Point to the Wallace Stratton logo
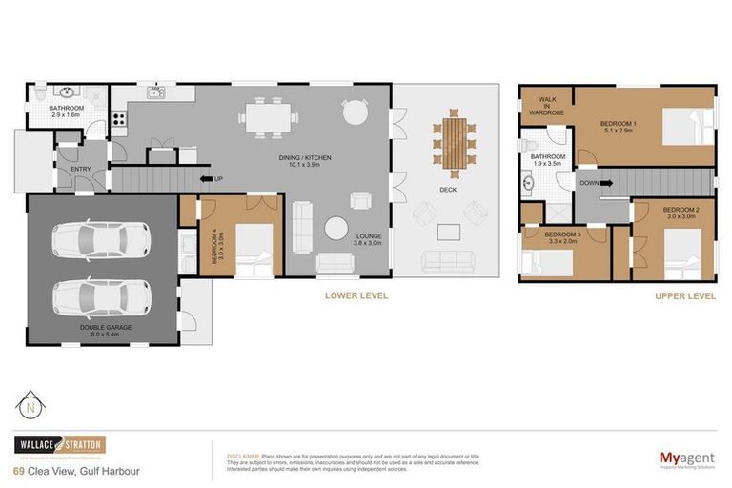point(59,445)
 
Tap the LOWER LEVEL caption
point(356,296)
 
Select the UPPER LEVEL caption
point(684,296)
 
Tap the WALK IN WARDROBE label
point(548,104)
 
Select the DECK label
point(448,190)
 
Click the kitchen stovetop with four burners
point(119,119)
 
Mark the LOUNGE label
point(368,238)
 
